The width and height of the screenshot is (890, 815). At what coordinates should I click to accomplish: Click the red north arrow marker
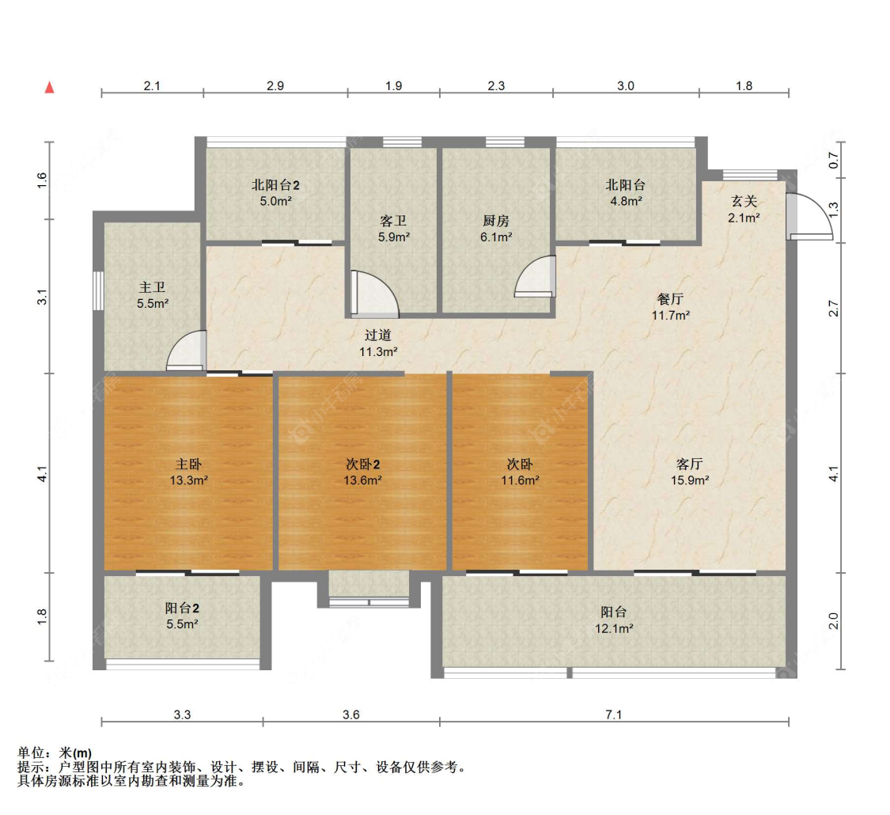tap(49, 87)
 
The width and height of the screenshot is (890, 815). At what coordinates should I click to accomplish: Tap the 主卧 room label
tap(188, 464)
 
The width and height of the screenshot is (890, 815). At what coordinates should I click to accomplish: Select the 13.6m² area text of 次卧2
tap(363, 480)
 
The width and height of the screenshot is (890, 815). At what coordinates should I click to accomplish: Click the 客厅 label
tap(690, 464)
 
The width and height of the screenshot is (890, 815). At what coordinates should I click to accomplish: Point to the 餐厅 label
tap(670, 299)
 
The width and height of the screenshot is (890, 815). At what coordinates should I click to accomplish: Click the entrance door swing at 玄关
tap(809, 217)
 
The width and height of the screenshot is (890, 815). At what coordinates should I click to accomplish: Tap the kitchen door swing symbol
tap(536, 277)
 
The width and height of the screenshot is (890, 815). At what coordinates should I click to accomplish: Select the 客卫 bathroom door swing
tap(371, 293)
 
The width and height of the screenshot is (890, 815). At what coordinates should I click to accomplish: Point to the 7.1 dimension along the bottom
tap(614, 715)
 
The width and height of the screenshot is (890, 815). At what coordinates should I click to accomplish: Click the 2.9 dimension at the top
tap(275, 86)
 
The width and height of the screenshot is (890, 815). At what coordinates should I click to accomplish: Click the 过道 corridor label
tap(378, 335)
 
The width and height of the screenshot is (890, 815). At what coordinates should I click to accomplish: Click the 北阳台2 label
tap(275, 185)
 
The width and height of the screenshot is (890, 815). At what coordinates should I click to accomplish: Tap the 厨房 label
tap(496, 221)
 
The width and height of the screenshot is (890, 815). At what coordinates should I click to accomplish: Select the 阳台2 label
tap(182, 608)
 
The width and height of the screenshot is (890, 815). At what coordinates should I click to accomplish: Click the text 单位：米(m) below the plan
tap(54, 752)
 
